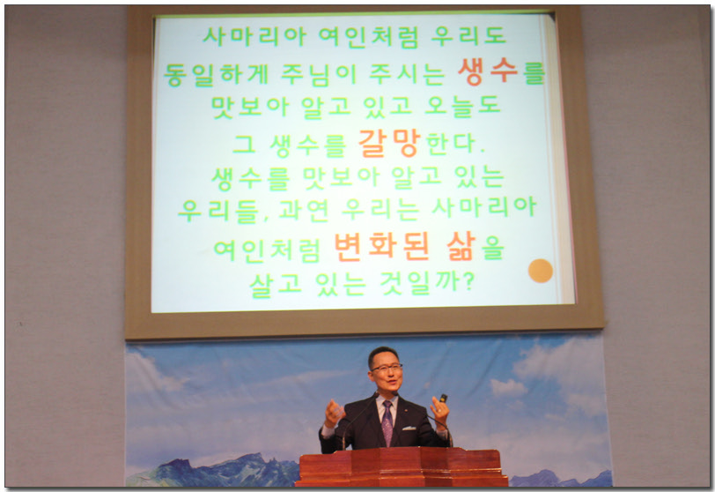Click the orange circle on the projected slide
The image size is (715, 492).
[541, 271]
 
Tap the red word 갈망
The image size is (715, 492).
[388, 144]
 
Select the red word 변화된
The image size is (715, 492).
[381, 247]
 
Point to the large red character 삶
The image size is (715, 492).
[461, 246]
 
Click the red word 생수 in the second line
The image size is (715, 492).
[488, 71]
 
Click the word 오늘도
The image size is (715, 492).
[462, 107]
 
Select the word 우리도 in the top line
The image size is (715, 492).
[468, 36]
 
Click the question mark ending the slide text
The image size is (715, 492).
[468, 281]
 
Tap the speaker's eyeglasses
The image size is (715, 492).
[386, 368]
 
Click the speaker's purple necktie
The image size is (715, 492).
[387, 423]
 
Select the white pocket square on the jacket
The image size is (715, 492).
[409, 429]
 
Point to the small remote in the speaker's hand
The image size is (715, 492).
[443, 398]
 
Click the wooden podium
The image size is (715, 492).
[402, 467]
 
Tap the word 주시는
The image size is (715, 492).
[406, 75]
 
